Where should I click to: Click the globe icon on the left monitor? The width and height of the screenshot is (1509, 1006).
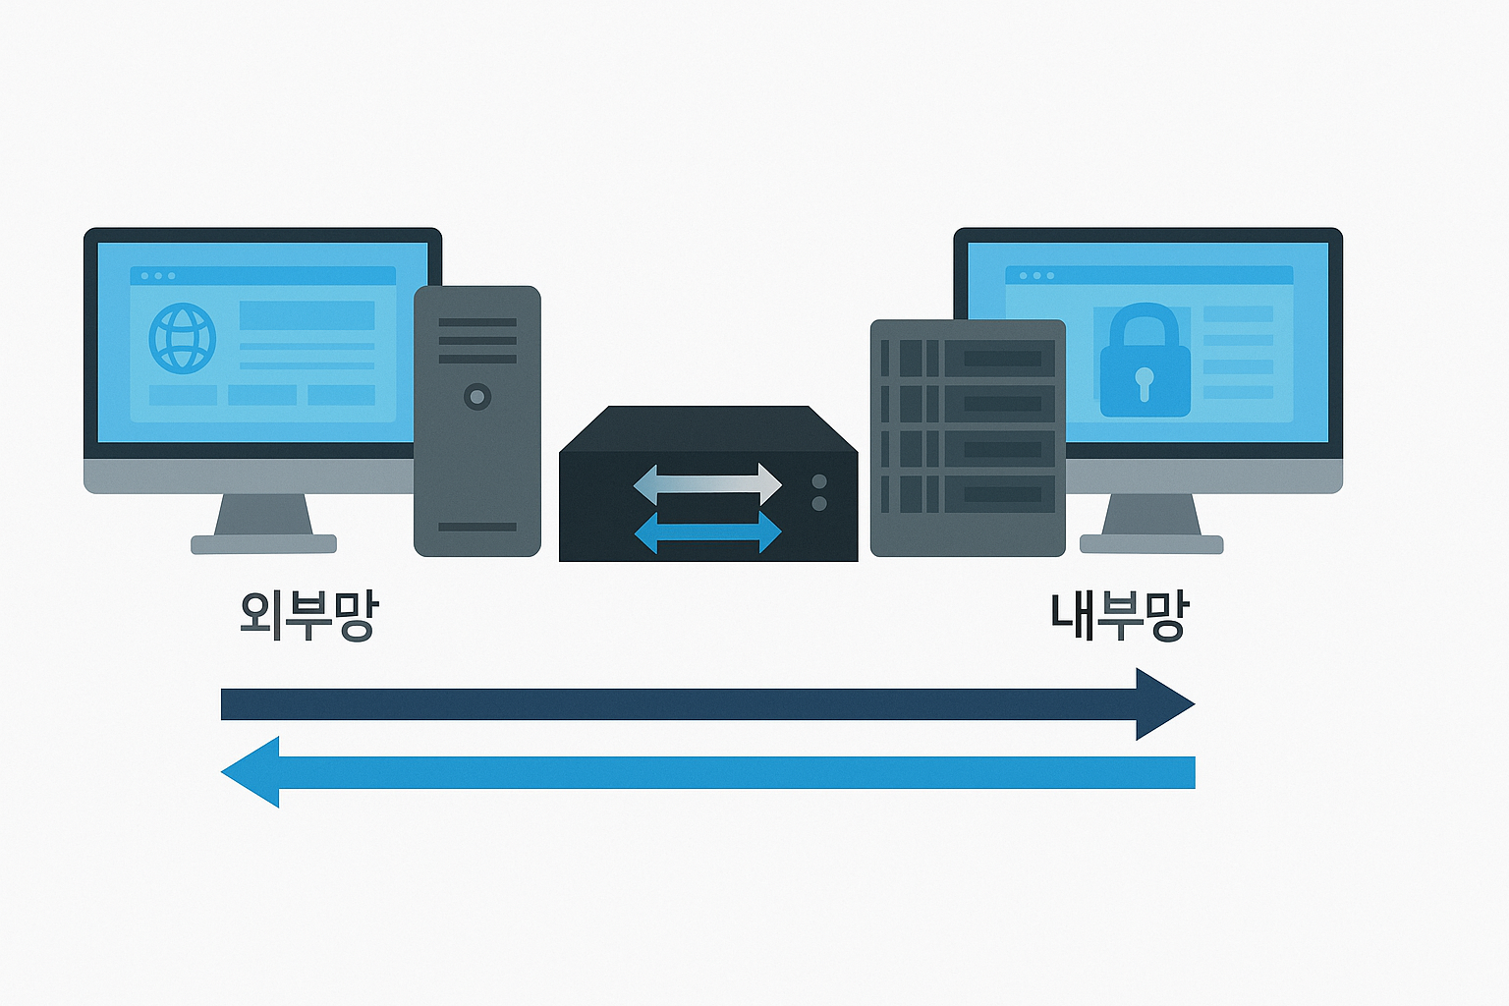pyautogui.click(x=182, y=338)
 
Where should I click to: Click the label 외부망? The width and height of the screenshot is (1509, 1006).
pyautogui.click(x=308, y=616)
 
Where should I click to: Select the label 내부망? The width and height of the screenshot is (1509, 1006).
pyautogui.click(x=1120, y=616)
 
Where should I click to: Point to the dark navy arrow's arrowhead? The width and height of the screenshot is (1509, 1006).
pyautogui.click(x=1165, y=704)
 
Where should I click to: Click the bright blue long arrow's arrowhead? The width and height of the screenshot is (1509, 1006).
pyautogui.click(x=251, y=772)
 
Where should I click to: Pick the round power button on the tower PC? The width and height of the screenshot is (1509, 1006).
pyautogui.click(x=477, y=397)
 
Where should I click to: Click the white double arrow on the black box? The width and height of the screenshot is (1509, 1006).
pyautogui.click(x=707, y=483)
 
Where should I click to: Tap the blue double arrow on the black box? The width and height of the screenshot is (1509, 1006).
pyautogui.click(x=707, y=532)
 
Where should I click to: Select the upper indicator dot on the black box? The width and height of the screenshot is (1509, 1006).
pyautogui.click(x=819, y=481)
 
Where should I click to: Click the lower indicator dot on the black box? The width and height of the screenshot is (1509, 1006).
pyautogui.click(x=819, y=504)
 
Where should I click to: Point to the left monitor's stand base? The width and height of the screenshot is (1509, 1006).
pyautogui.click(x=263, y=544)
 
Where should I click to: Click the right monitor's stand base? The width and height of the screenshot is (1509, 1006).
pyautogui.click(x=1151, y=544)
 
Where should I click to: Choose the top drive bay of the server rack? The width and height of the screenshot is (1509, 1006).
pyautogui.click(x=968, y=359)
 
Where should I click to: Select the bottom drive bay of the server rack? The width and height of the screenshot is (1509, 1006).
pyautogui.click(x=968, y=494)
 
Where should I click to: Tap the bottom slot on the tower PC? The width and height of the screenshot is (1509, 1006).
pyautogui.click(x=477, y=527)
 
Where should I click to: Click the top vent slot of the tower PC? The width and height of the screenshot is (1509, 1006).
pyautogui.click(x=477, y=322)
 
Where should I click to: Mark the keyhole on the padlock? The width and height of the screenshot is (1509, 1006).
pyautogui.click(x=1144, y=381)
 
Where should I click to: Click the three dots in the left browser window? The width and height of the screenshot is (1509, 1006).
pyautogui.click(x=158, y=276)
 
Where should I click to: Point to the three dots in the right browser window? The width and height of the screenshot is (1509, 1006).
pyautogui.click(x=1036, y=276)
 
